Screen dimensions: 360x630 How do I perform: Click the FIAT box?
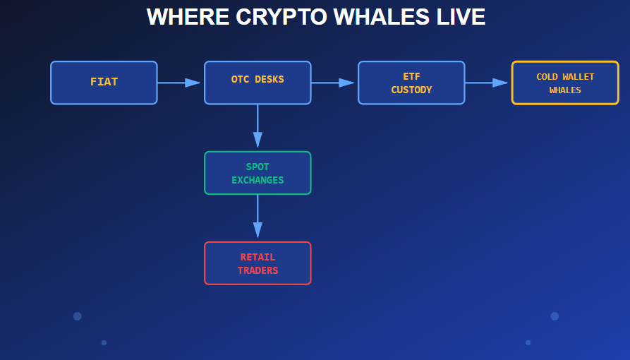click(x=104, y=83)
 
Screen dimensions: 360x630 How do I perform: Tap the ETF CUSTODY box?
click(x=411, y=83)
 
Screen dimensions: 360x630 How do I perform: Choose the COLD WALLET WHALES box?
click(x=565, y=83)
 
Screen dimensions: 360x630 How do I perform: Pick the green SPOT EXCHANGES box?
click(x=258, y=173)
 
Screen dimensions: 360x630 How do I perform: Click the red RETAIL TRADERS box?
click(x=258, y=263)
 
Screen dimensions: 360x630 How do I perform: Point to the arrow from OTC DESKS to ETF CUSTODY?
click(x=333, y=83)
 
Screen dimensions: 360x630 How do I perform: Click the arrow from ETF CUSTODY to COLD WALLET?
click(x=487, y=83)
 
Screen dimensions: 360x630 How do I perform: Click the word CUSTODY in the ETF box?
click(x=411, y=90)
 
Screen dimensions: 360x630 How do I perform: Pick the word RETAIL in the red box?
click(x=258, y=257)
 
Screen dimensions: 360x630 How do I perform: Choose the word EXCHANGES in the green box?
click(x=258, y=180)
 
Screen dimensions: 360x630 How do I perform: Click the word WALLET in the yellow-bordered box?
click(x=578, y=77)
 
